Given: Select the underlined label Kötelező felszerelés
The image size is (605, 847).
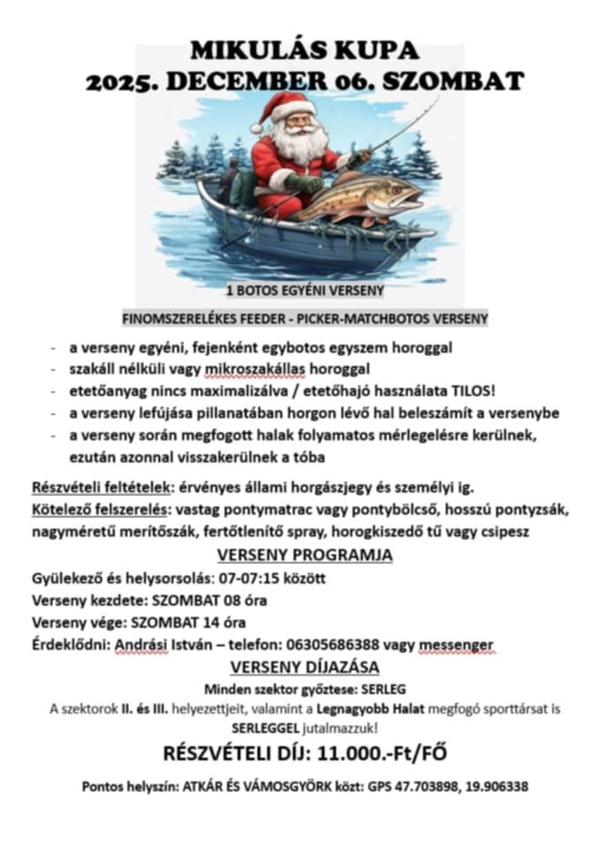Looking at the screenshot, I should coord(102,510).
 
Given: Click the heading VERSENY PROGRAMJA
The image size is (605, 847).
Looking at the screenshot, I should coord(304,555).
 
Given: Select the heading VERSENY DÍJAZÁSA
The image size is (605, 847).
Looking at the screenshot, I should coord(304,667).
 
